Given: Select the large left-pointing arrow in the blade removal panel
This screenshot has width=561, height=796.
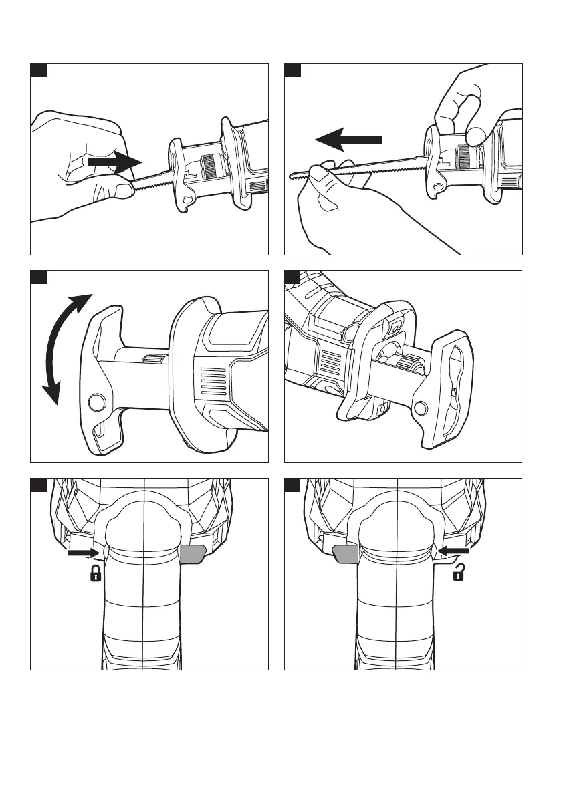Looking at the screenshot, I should (348, 140).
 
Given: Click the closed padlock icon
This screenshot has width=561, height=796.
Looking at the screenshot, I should (96, 573).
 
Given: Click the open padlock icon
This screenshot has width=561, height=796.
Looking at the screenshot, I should (459, 573).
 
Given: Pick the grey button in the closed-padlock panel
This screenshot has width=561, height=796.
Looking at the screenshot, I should (193, 553).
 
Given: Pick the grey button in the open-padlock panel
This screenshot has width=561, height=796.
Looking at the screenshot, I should (345, 553).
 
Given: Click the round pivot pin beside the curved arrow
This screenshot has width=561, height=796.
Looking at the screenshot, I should (96, 402).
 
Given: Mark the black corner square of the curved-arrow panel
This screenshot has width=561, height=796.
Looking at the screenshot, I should (39, 277).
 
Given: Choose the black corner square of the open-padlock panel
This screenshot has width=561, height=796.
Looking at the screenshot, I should (292, 485).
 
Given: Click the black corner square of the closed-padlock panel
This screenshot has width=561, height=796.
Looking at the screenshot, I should (39, 485).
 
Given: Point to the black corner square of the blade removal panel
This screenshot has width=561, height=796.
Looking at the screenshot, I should (292, 70).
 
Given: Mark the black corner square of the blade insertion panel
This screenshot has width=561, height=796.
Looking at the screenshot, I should (39, 70).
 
